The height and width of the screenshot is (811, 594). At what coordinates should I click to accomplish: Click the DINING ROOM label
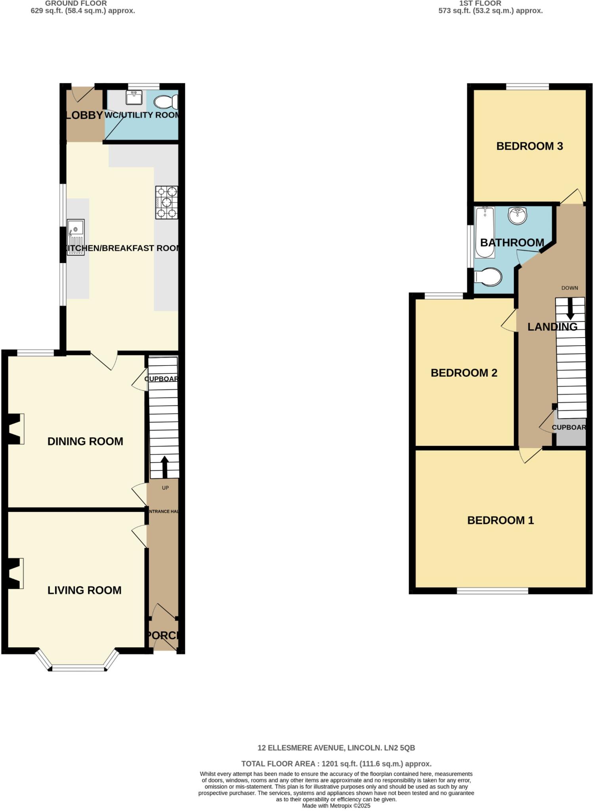coord(85,441)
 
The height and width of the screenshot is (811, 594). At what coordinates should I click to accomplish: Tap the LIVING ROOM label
coord(84,590)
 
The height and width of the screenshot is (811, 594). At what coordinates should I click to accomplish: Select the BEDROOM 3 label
coord(529,146)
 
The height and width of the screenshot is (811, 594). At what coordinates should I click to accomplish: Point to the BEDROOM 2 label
coord(464,373)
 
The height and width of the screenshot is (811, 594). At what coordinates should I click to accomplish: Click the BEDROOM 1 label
coord(500,520)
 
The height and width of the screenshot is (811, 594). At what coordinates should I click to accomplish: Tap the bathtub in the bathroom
coord(485,232)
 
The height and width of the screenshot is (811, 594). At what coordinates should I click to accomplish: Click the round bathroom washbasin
coord(518,215)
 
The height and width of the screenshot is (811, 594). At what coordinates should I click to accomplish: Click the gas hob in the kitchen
coord(166,202)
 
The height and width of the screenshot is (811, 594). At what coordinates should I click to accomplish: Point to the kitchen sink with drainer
coord(76,237)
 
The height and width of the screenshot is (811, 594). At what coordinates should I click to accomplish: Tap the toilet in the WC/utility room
coord(166,102)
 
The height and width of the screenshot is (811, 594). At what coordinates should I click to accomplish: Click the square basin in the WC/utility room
coord(134,97)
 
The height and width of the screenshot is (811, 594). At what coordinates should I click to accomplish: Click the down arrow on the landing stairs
coord(570,308)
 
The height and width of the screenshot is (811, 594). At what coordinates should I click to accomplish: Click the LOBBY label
coord(84,115)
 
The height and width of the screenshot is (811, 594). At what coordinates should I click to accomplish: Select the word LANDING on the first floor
coord(552,327)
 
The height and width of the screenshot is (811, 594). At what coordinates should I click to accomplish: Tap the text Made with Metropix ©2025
coord(336,805)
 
